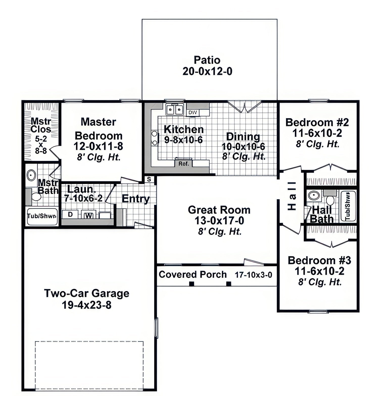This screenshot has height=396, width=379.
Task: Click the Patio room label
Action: (207, 60)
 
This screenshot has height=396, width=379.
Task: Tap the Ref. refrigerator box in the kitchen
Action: (184, 163)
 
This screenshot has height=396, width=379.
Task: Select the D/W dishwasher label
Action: (193, 112)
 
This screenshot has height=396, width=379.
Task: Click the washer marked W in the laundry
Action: (88, 215)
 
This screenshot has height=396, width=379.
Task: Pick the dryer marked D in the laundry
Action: (70, 214)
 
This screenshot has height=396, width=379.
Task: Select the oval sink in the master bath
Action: (31, 175)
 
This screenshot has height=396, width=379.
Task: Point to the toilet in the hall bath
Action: (330, 198)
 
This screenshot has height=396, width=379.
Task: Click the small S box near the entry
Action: (149, 179)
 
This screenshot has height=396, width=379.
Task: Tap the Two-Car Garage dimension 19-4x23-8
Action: (86, 305)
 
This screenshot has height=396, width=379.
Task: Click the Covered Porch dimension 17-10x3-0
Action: (253, 275)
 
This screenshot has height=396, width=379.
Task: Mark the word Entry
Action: (136, 199)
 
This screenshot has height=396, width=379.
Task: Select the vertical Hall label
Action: (292, 196)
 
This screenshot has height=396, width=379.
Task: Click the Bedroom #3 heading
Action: (319, 260)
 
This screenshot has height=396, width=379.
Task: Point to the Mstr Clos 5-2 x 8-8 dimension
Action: (41, 144)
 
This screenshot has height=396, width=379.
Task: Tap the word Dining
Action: (243, 137)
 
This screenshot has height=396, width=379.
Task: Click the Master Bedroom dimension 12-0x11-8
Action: (98, 146)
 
